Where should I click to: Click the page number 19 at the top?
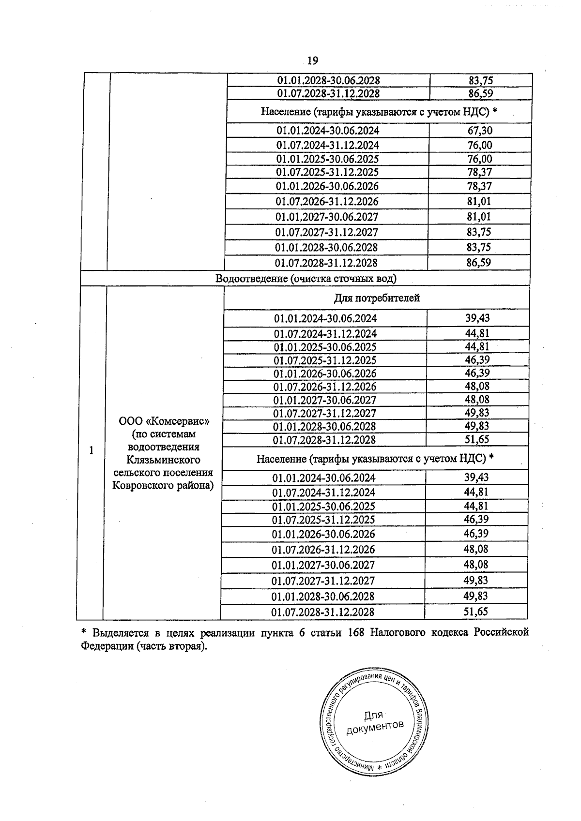(x=312, y=60)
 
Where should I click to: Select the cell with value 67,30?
(x=479, y=131)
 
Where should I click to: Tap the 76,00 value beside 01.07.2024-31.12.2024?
(x=479, y=145)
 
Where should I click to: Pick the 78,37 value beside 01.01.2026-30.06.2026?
(x=479, y=186)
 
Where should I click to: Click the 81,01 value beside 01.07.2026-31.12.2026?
(x=479, y=201)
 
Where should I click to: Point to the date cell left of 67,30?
(x=328, y=131)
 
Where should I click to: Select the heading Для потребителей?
(x=377, y=298)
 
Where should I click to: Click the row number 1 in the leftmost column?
(x=91, y=450)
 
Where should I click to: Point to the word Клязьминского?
(x=164, y=460)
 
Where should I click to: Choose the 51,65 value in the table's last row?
(x=475, y=612)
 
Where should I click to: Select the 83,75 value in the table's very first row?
(x=481, y=80)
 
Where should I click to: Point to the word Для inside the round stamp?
(x=373, y=715)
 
